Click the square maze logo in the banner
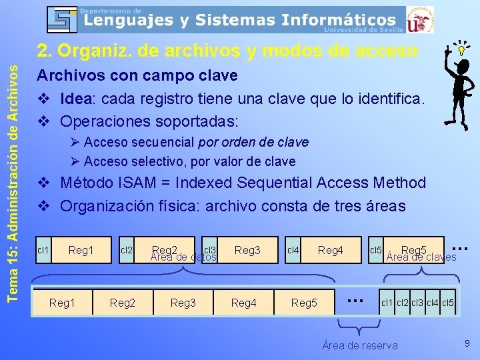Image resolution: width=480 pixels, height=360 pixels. [x=63, y=20]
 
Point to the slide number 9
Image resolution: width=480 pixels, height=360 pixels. [x=467, y=343]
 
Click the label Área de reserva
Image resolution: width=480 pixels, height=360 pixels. [x=360, y=345]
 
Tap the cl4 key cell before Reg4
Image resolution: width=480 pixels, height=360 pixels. [x=292, y=250]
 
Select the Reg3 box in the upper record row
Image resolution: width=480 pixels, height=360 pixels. [x=247, y=250]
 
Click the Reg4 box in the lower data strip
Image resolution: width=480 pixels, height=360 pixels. [x=243, y=303]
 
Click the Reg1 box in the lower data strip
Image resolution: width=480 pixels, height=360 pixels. [x=63, y=303]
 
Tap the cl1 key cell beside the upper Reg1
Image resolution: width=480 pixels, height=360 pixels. [x=43, y=250]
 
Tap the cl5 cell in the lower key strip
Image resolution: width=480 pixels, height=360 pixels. [x=448, y=303]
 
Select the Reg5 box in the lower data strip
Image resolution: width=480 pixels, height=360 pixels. [x=304, y=303]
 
